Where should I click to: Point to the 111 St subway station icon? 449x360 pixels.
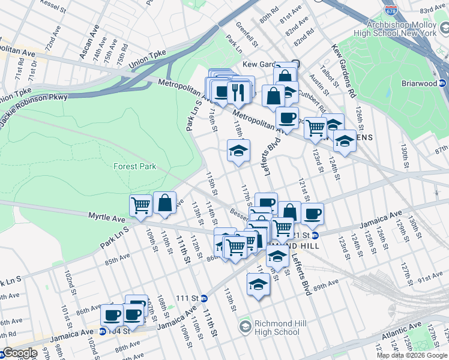[204, 298]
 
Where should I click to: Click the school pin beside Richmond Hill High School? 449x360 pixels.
[245, 327]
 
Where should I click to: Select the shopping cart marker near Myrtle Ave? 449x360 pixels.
[140, 205]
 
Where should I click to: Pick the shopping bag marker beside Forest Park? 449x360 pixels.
[164, 203]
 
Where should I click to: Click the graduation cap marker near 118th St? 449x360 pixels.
[238, 150]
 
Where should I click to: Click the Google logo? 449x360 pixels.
[19, 353]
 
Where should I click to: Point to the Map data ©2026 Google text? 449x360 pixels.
[412, 355]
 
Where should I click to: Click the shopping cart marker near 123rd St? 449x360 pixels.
[315, 127]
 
